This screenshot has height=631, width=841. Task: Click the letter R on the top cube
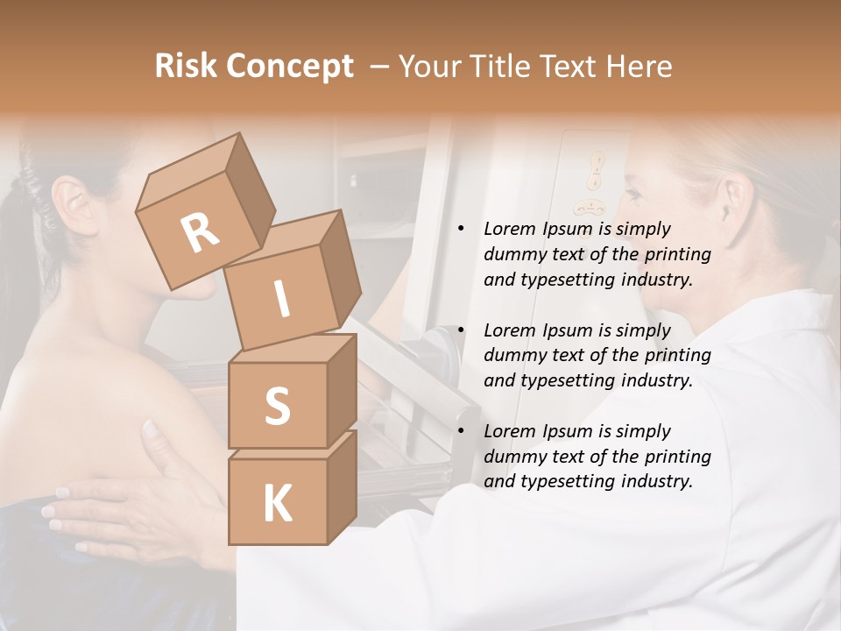200,232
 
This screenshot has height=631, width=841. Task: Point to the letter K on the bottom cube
277,504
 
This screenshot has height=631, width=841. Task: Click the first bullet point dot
461,229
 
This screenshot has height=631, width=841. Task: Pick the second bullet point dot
461,330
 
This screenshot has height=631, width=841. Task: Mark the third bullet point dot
461,431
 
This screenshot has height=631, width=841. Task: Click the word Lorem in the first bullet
508,229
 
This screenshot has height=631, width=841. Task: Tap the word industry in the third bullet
659,481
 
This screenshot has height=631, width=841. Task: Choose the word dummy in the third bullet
512,457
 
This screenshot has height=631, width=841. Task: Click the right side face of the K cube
342,486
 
